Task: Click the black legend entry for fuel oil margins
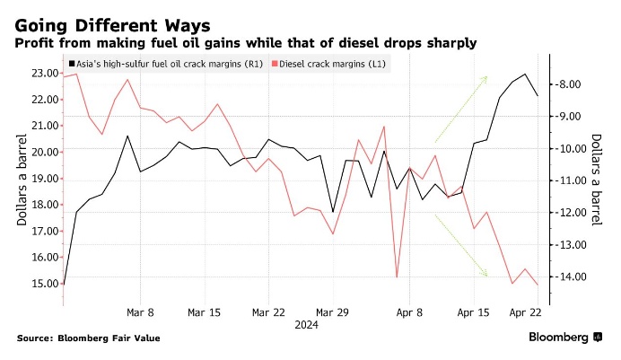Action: point(165,66)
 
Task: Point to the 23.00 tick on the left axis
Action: point(38,73)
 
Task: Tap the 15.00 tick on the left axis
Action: point(38,284)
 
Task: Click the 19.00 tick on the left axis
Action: point(38,178)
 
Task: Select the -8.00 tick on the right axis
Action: point(573,84)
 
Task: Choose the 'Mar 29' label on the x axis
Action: point(332,312)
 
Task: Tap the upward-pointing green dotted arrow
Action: point(461,109)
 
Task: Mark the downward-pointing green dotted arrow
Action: point(461,245)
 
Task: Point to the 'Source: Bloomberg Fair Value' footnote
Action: point(85,338)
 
